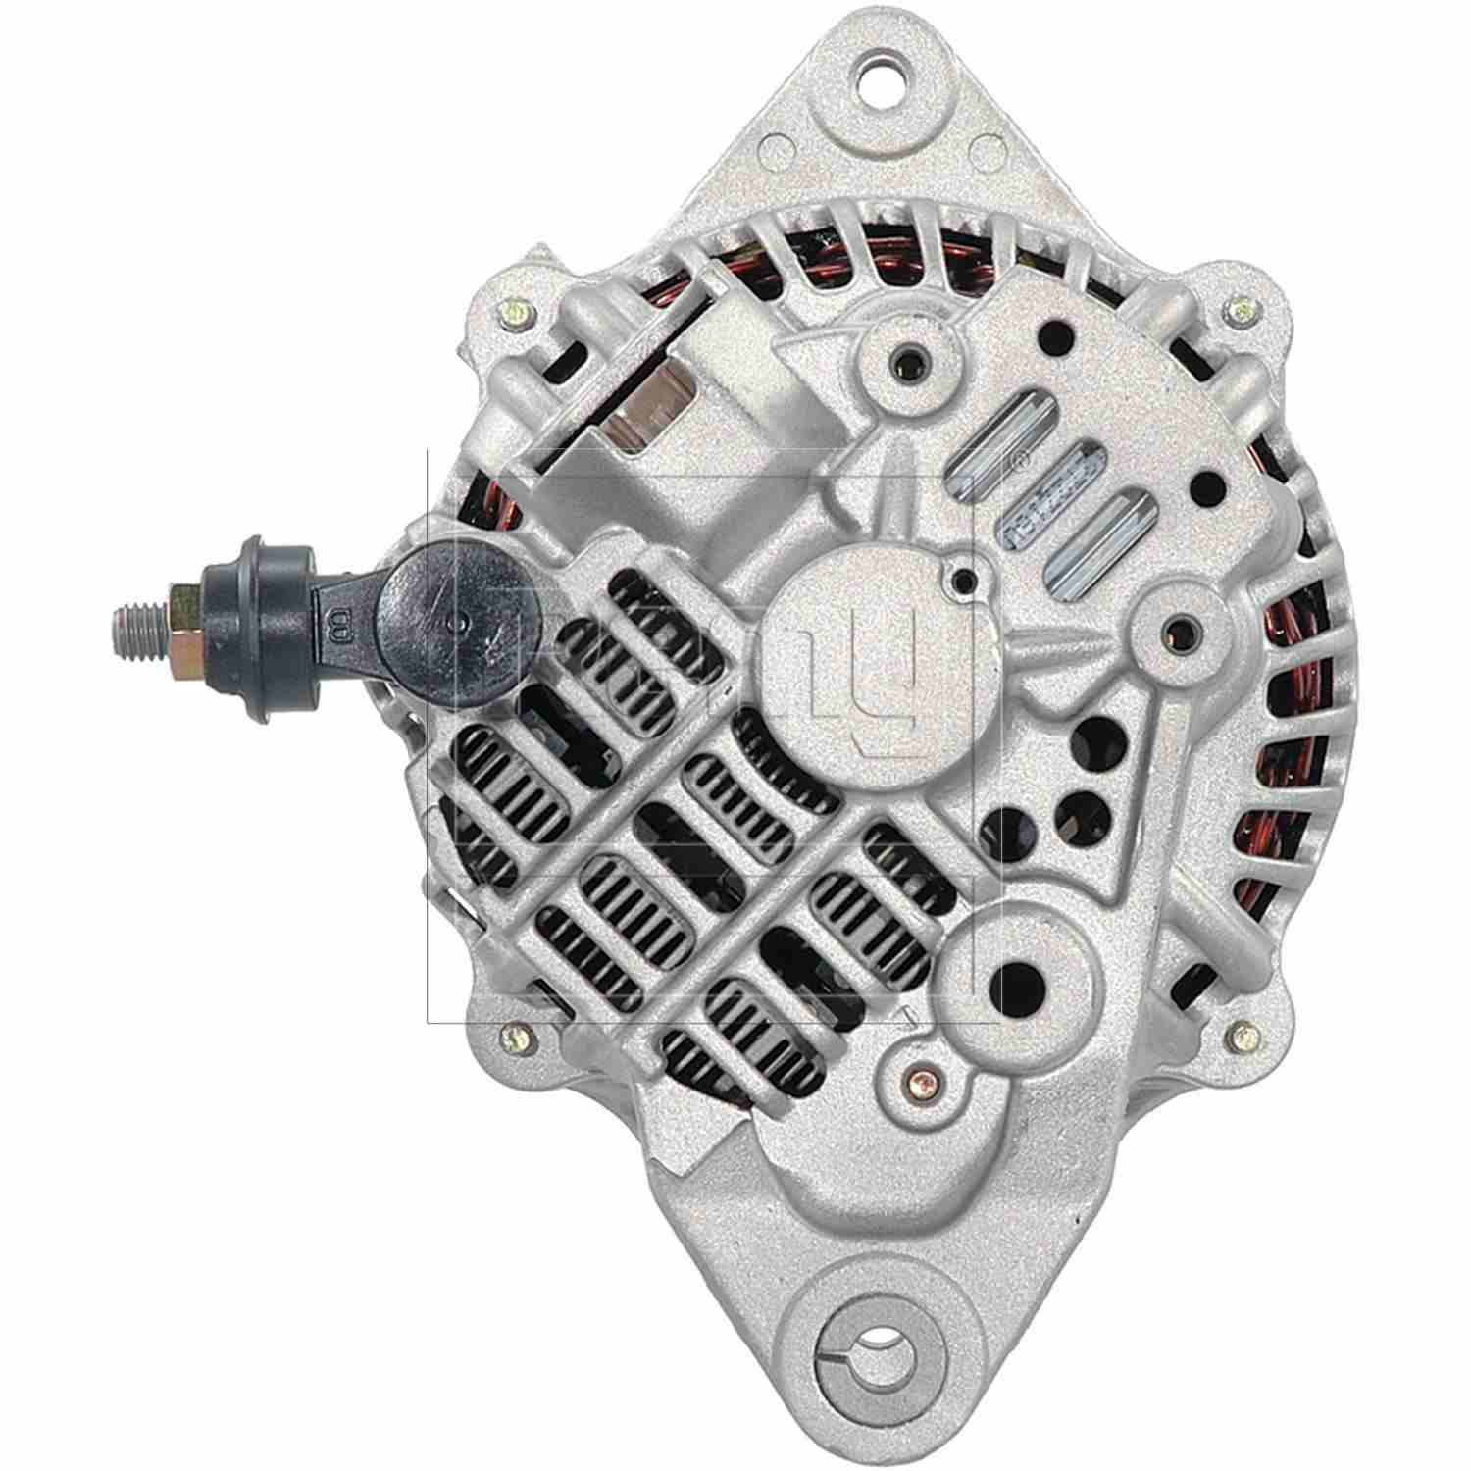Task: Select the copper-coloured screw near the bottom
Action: point(918,1076)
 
